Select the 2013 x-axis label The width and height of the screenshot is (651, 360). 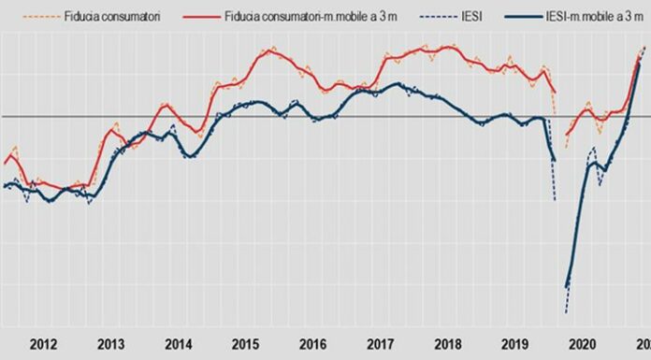point(112,342)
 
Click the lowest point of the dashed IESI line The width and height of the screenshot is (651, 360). point(566,313)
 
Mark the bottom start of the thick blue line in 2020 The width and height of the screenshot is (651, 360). point(567,288)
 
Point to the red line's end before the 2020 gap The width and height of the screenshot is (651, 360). point(556,93)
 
